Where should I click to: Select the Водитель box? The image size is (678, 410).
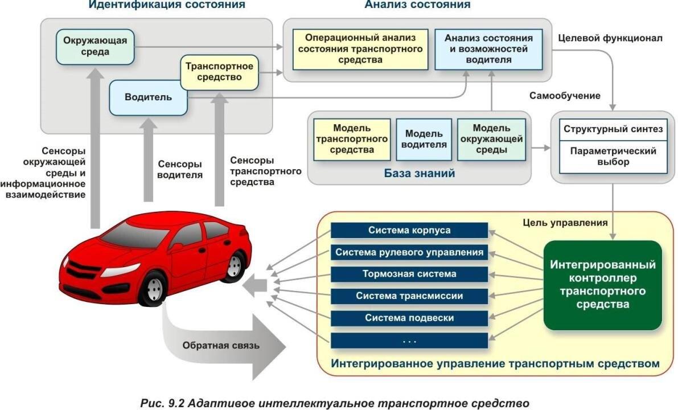[x=148, y=97]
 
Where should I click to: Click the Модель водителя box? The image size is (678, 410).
[x=425, y=139]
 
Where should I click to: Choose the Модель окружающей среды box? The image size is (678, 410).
[x=491, y=139]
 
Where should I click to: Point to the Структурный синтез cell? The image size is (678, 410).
[x=613, y=129]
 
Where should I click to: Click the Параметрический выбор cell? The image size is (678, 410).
[x=613, y=157]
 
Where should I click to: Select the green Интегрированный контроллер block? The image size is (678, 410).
[x=603, y=285]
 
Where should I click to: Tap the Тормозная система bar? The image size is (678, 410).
[x=409, y=274]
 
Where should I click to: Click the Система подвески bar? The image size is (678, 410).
[x=409, y=318]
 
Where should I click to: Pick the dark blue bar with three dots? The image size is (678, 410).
[x=409, y=341]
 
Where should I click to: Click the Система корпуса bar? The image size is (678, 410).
[x=409, y=231]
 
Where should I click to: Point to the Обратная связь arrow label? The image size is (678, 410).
[x=221, y=345]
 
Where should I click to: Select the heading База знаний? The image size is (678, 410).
[x=420, y=173]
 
